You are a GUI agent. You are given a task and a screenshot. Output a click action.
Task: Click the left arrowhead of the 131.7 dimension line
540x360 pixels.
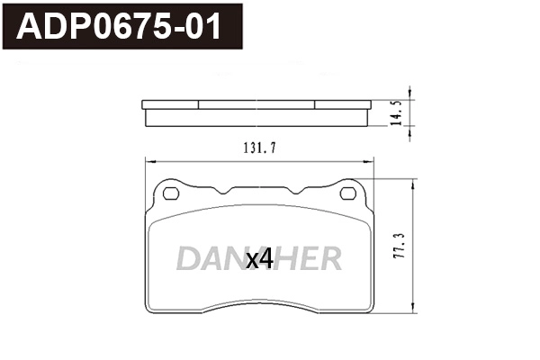[148, 161]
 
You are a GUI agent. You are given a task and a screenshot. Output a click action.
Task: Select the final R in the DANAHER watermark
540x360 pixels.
[330, 259]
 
